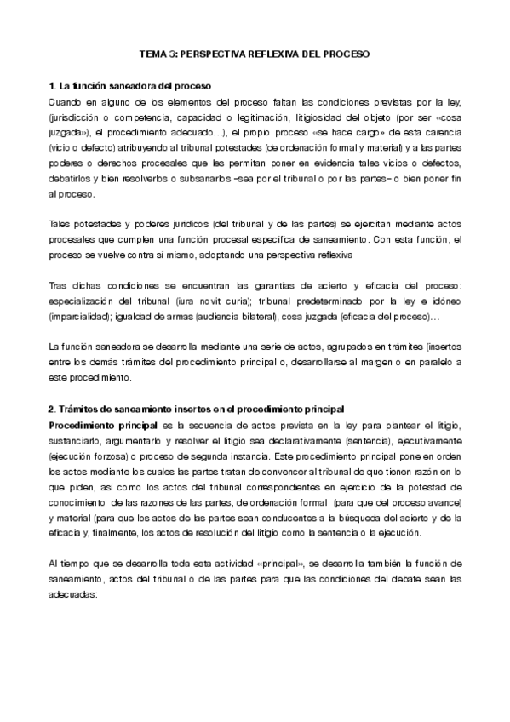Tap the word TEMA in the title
pyautogui.click(x=154, y=53)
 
